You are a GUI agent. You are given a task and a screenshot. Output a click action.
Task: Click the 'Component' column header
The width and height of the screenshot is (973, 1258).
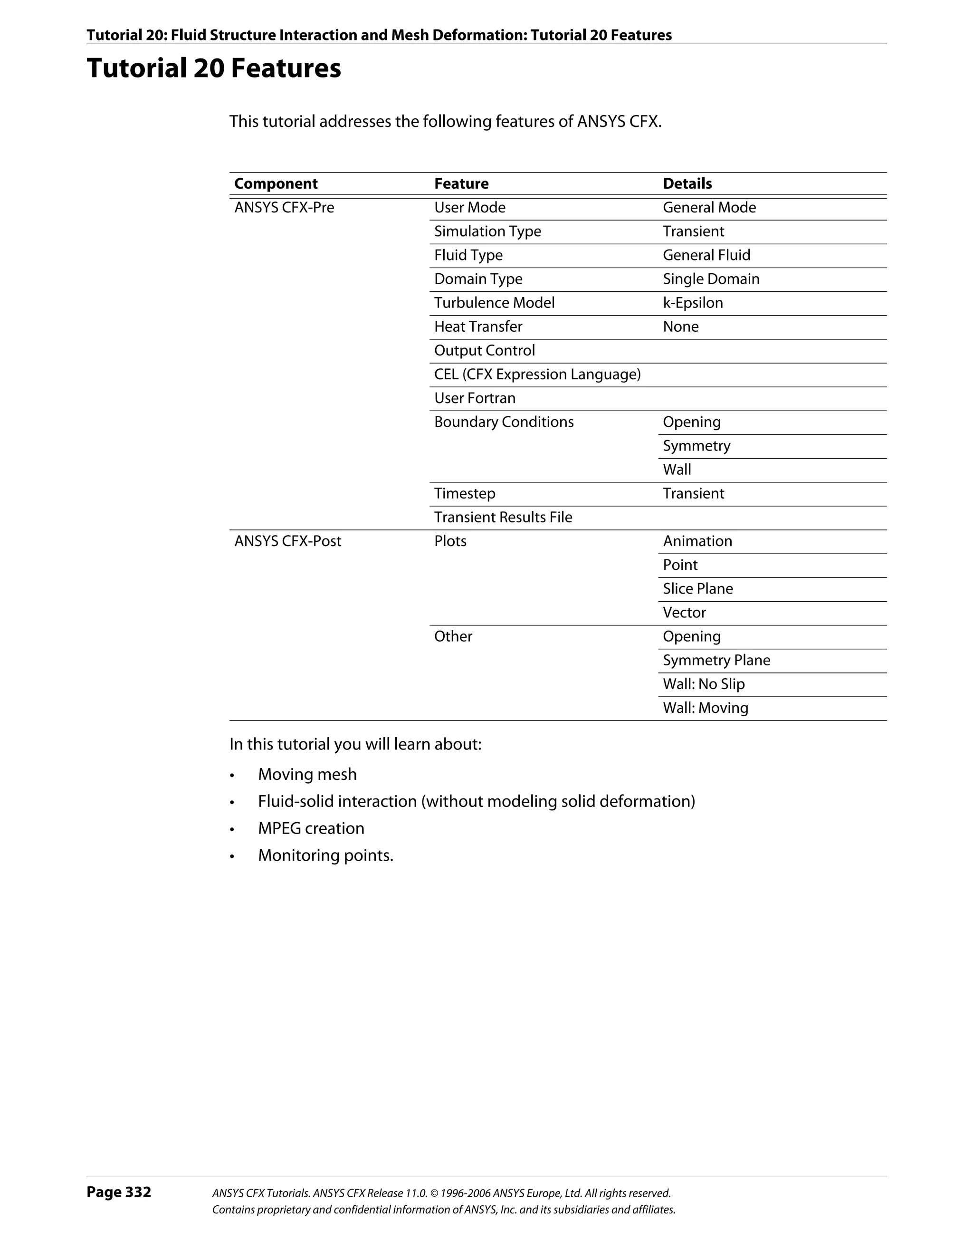276,184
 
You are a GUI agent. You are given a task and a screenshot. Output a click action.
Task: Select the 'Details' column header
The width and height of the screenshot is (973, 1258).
687,184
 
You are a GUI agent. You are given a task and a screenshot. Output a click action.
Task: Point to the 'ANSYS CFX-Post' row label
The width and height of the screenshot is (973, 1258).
287,541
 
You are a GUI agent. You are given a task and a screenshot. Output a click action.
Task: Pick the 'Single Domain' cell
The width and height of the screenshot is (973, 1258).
711,279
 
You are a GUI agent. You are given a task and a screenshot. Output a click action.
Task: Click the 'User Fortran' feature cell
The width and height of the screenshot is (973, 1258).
475,398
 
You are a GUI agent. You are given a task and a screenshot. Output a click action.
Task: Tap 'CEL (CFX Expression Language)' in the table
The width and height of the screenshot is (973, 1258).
537,375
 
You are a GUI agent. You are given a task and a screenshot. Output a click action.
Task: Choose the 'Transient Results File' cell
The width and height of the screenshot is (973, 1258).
503,517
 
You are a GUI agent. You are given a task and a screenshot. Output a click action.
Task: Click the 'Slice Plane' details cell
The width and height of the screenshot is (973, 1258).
698,589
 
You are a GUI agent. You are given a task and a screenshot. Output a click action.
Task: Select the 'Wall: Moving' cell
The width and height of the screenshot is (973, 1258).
705,708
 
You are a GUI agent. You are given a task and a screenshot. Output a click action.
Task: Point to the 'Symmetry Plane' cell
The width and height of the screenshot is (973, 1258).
716,660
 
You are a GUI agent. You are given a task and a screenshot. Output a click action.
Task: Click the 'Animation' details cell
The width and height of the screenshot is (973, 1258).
697,541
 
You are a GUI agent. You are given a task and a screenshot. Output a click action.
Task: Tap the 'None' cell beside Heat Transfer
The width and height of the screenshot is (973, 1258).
680,327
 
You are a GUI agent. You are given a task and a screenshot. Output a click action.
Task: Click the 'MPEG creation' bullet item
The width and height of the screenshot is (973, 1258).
311,828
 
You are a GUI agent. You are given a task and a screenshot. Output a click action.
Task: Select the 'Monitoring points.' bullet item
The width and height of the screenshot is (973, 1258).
325,855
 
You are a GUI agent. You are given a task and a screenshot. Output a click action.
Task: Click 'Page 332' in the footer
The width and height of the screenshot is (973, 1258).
119,1192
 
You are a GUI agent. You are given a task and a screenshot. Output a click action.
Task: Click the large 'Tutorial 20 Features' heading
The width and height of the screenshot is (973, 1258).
214,68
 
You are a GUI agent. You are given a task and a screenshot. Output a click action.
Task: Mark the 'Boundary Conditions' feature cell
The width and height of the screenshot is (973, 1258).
504,422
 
